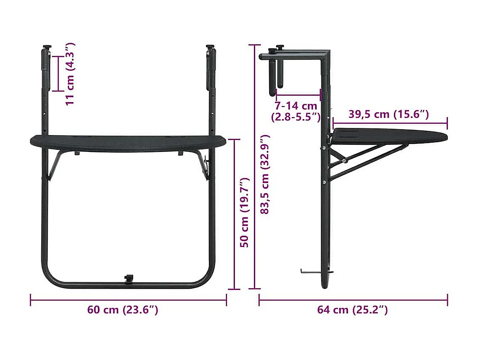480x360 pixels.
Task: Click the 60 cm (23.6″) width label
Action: point(123,310)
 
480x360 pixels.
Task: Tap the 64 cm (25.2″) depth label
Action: point(352,310)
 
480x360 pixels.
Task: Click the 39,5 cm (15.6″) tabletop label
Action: point(388,114)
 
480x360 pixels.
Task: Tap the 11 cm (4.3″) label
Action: point(70,73)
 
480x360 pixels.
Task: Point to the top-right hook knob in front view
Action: point(210,47)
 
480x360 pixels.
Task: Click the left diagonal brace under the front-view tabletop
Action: point(55,165)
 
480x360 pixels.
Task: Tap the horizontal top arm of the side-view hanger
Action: point(295,55)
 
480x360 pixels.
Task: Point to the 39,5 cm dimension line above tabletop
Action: point(390,124)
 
